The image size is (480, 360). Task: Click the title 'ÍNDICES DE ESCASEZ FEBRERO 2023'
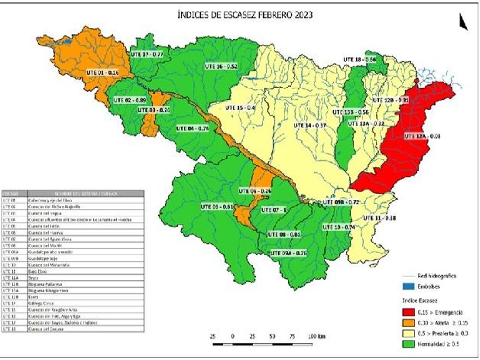point(245,16)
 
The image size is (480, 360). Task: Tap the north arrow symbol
point(463,22)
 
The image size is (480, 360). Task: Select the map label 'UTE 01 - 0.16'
point(103,72)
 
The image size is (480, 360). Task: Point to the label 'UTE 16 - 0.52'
point(221,66)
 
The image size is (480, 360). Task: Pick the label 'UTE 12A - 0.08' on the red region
point(423,136)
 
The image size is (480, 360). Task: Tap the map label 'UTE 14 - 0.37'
point(310,125)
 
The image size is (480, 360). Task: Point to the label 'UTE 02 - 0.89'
point(130,101)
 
